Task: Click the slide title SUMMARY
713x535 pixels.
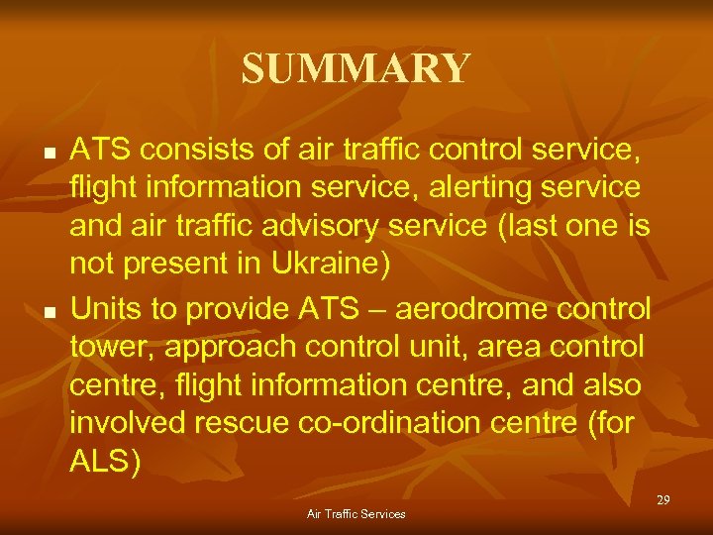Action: pos(356,68)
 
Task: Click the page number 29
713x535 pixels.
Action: pos(662,500)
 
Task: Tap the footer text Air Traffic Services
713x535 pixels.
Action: pos(356,514)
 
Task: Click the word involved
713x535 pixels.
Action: pos(131,424)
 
